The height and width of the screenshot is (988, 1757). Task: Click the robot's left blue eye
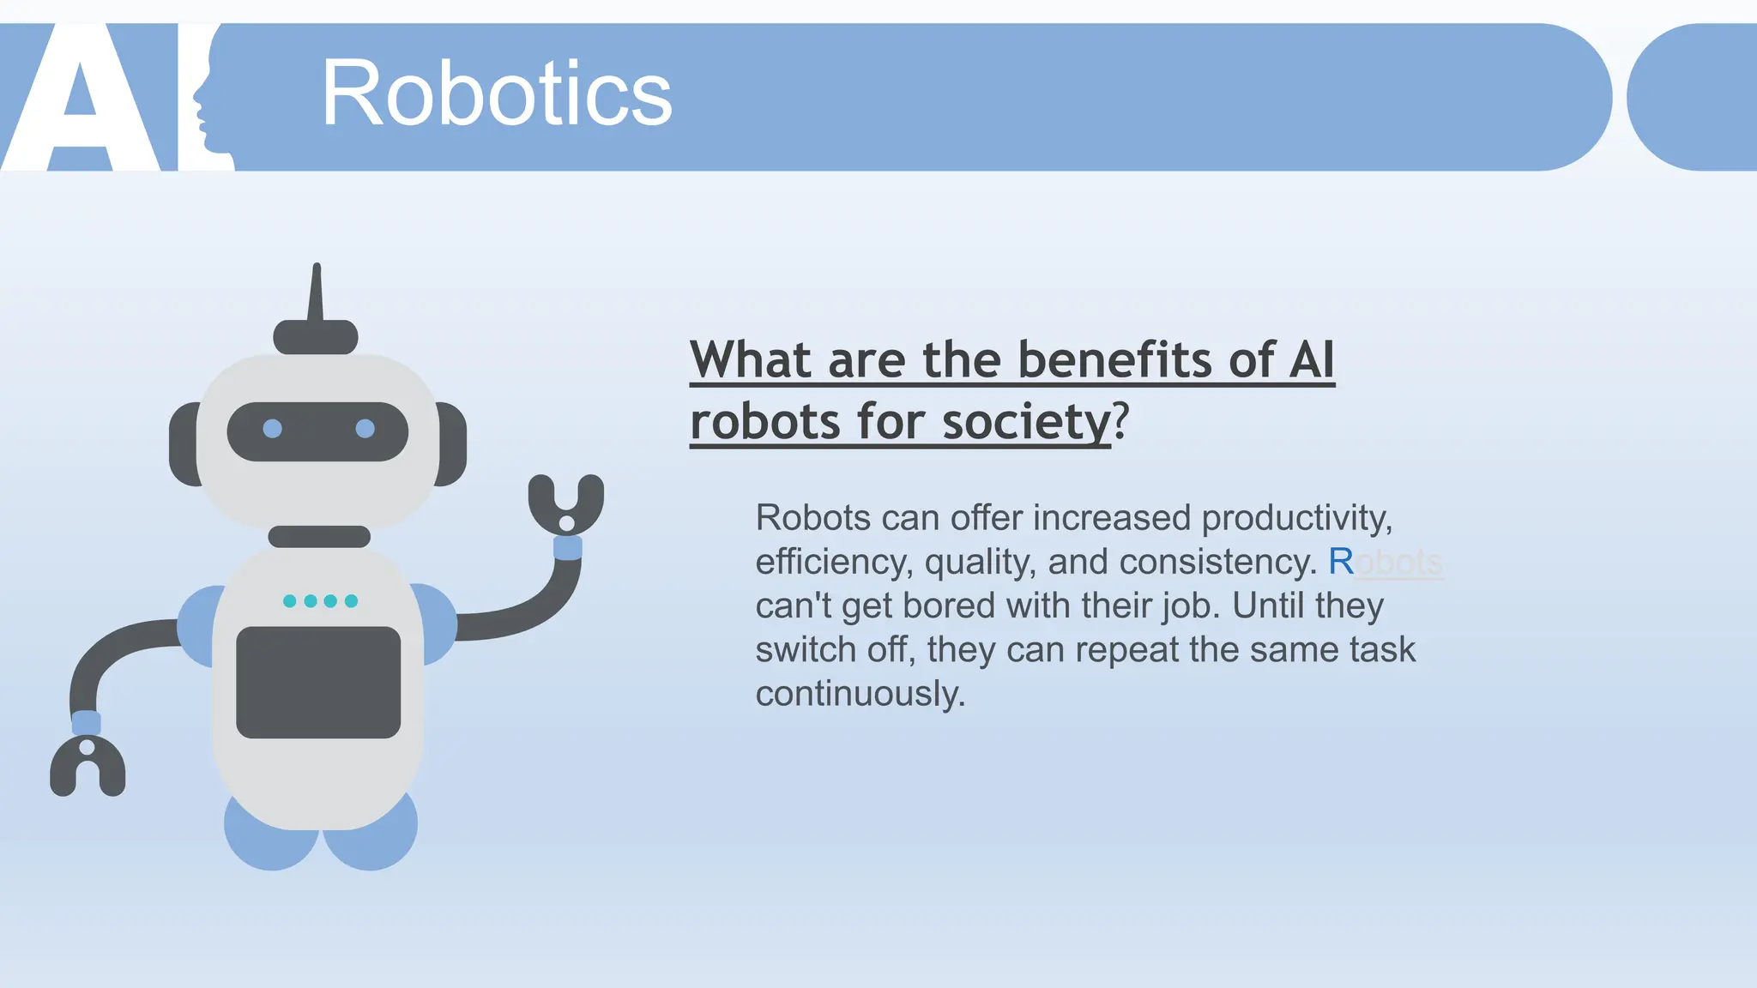tap(272, 428)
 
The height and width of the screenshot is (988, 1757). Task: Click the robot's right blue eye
tap(365, 428)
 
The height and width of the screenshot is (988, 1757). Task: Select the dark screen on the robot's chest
tap(318, 683)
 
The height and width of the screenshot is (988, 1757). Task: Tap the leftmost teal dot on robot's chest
tap(290, 601)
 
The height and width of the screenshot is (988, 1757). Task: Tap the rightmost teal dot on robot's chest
tap(351, 601)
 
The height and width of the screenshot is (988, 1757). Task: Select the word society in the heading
tap(1026, 422)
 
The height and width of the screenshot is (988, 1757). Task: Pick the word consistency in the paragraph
tap(1217, 563)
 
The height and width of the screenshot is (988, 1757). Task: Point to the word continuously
tap(860, 694)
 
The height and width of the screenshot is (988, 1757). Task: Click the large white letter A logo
tap(82, 99)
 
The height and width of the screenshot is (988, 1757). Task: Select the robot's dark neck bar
tap(319, 537)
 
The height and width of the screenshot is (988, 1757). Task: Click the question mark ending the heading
tap(1120, 422)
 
